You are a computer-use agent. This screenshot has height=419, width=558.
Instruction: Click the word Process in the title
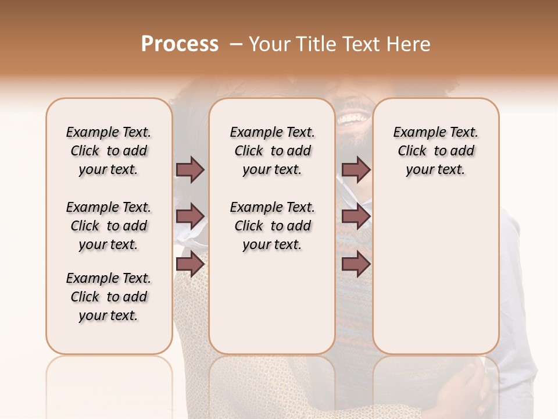coord(180,44)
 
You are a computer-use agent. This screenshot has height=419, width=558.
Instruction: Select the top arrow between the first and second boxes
coord(190,169)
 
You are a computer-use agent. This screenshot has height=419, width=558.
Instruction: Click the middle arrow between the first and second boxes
coord(190,216)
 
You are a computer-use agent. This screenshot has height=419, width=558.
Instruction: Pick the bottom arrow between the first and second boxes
coord(190,264)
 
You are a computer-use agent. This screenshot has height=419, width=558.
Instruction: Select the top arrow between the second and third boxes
coord(356,169)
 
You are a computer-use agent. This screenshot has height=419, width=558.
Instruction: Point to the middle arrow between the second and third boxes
coord(356,216)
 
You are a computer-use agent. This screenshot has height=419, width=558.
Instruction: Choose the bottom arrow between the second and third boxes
coord(356,264)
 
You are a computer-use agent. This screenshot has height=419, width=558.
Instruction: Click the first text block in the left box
coord(109,151)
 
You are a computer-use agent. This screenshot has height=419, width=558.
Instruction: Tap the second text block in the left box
coord(109,226)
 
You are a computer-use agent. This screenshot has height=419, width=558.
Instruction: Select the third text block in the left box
coord(109,297)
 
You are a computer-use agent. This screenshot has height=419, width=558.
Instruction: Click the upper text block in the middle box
coord(272,151)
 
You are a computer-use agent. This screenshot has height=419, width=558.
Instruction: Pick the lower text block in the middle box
coord(272,226)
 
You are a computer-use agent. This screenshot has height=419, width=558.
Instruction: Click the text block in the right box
coord(435,151)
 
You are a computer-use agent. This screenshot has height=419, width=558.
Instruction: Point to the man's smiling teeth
coord(350,119)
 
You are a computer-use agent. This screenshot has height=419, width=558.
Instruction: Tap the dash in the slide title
coord(235,44)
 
